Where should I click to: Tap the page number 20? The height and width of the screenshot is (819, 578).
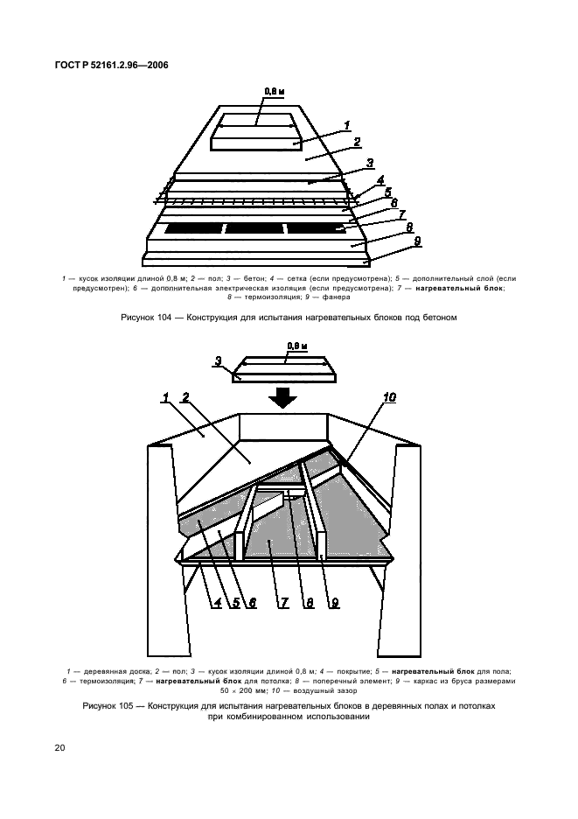[x=59, y=747]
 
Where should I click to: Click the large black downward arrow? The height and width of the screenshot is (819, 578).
[x=283, y=398]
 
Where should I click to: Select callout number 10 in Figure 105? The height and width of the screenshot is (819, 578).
[x=389, y=397]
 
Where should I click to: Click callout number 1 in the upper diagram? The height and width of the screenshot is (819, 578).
[x=346, y=125]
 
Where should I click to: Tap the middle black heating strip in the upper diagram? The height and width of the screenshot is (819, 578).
[x=254, y=228]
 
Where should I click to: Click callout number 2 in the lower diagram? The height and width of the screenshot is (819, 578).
[x=185, y=398]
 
